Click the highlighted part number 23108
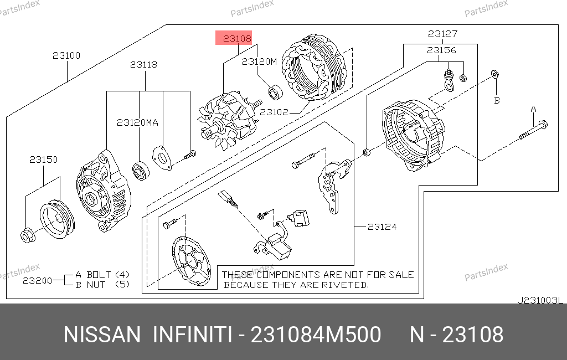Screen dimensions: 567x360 coord(237,38)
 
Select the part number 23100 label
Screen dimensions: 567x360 coord(66,55)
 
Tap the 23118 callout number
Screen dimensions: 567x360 coord(143,64)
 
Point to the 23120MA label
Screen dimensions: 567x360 coord(137,122)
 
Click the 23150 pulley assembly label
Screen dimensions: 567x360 coord(43,160)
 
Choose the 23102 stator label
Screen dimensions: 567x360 coord(274,112)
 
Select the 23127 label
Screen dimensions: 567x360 coord(442,34)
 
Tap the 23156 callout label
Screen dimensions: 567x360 coord(441,50)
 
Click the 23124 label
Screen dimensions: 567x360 coord(382,227)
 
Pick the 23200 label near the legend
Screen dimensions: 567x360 coord(38,280)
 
